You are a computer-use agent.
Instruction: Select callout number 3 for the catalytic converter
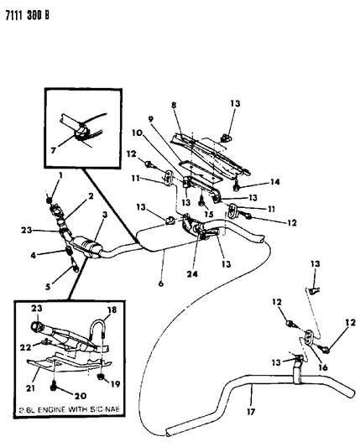(105, 216)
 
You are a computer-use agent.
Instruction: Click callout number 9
(174, 107)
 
